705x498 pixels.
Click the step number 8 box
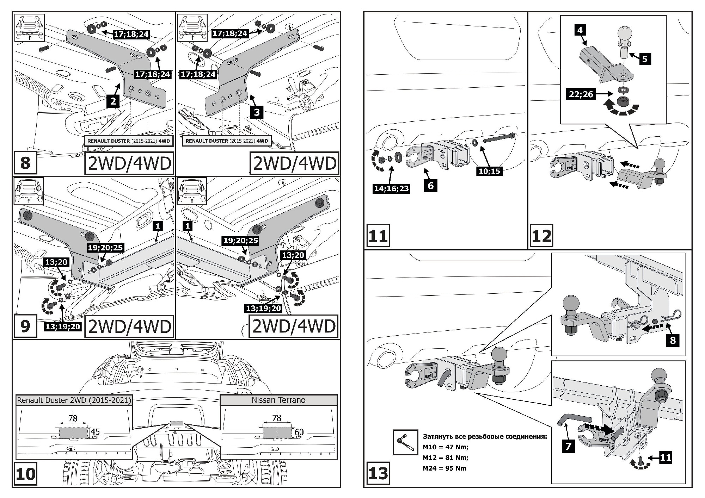pyautogui.click(x=25, y=163)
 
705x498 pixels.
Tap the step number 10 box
pyautogui.click(x=25, y=474)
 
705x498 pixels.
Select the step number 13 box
pyautogui.click(x=378, y=473)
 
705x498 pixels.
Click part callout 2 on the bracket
pyautogui.click(x=113, y=101)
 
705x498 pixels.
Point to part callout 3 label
pyautogui.click(x=257, y=112)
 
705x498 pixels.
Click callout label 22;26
pyautogui.click(x=581, y=94)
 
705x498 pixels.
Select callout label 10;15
pyautogui.click(x=489, y=171)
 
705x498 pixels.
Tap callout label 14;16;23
pyautogui.click(x=391, y=188)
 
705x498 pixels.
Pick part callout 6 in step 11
pyautogui.click(x=430, y=185)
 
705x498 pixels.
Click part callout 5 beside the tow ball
pyautogui.click(x=645, y=58)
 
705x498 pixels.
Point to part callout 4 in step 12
pyautogui.click(x=580, y=30)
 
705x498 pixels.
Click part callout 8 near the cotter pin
pyautogui.click(x=673, y=340)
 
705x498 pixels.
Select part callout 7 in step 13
pyautogui.click(x=568, y=446)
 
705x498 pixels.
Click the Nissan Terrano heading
pyautogui.click(x=278, y=400)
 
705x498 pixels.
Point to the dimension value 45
pyautogui.click(x=95, y=432)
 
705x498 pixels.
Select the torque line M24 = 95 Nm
pyautogui.click(x=445, y=468)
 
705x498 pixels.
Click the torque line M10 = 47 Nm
pyautogui.click(x=446, y=447)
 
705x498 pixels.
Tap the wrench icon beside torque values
pyautogui.click(x=405, y=442)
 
